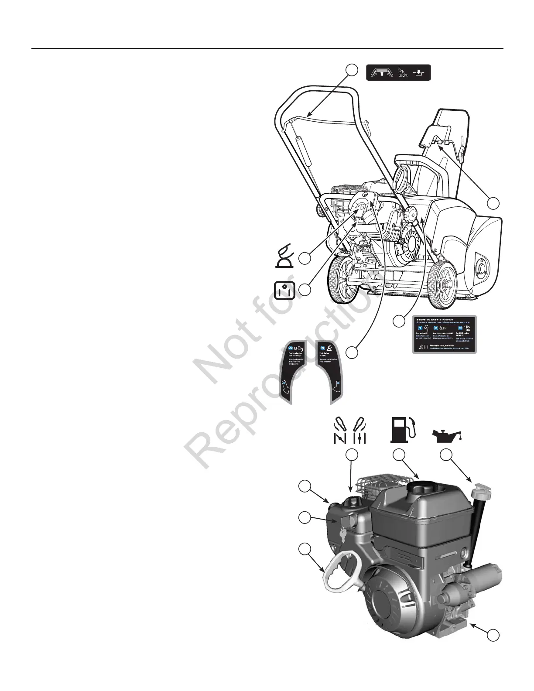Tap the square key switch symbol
coord(284,291)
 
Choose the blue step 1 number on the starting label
coord(420,328)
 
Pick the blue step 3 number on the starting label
coord(459,328)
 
